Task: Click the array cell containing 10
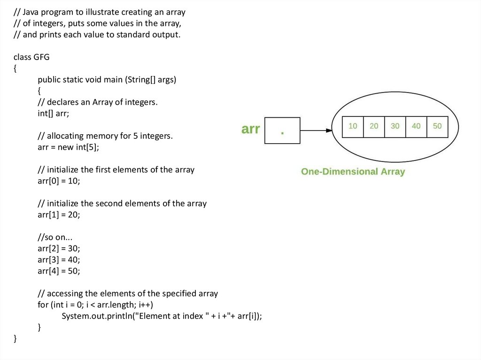pos(353,127)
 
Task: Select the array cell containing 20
pos(374,127)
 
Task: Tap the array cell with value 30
pos(395,127)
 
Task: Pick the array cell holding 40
pos(416,127)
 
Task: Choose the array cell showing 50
pos(437,127)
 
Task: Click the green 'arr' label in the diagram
pos(250,129)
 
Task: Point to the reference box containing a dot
pos(282,130)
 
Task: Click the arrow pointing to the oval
pos(316,130)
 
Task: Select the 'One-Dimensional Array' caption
pos(353,172)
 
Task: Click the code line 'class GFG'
pos(31,57)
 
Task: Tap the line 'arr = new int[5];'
pos(69,147)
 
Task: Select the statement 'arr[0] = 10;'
pos(59,181)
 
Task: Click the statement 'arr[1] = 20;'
pos(59,215)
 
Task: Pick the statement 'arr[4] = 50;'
pos(59,271)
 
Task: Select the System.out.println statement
pos(162,316)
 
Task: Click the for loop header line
pos(95,305)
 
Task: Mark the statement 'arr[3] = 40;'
pos(59,260)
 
